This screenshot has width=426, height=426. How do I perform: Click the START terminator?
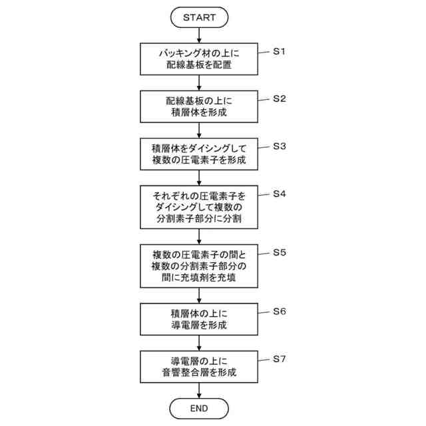pos(200,17)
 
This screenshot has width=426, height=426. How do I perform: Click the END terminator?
pos(200,407)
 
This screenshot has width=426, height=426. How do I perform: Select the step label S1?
pos(280,51)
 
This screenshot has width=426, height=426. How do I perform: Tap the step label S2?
pos(280,99)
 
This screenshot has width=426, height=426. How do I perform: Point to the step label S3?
pos(280,146)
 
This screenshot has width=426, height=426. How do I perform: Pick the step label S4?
pos(280,194)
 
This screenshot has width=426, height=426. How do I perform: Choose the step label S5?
pos(280,252)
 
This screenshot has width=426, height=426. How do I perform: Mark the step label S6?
pos(280,311)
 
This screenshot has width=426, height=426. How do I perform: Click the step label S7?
pos(280,359)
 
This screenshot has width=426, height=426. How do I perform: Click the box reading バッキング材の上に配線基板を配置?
pos(200,59)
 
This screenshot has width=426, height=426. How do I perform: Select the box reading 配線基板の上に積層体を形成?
pos(200,106)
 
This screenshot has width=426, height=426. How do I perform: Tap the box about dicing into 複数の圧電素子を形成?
pos(200,154)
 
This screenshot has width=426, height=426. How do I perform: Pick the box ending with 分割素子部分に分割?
pos(200,207)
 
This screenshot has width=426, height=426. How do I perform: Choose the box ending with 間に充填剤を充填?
pos(200,266)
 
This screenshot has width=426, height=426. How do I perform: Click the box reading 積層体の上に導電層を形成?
pos(200,319)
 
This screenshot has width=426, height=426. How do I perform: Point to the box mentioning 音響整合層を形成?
pos(200,367)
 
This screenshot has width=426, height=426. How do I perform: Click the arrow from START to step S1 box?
pos(200,35)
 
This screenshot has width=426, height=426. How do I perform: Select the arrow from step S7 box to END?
pos(200,391)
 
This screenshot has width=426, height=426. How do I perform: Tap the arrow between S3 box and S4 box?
pos(200,178)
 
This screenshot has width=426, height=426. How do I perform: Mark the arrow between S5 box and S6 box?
pos(200,295)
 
